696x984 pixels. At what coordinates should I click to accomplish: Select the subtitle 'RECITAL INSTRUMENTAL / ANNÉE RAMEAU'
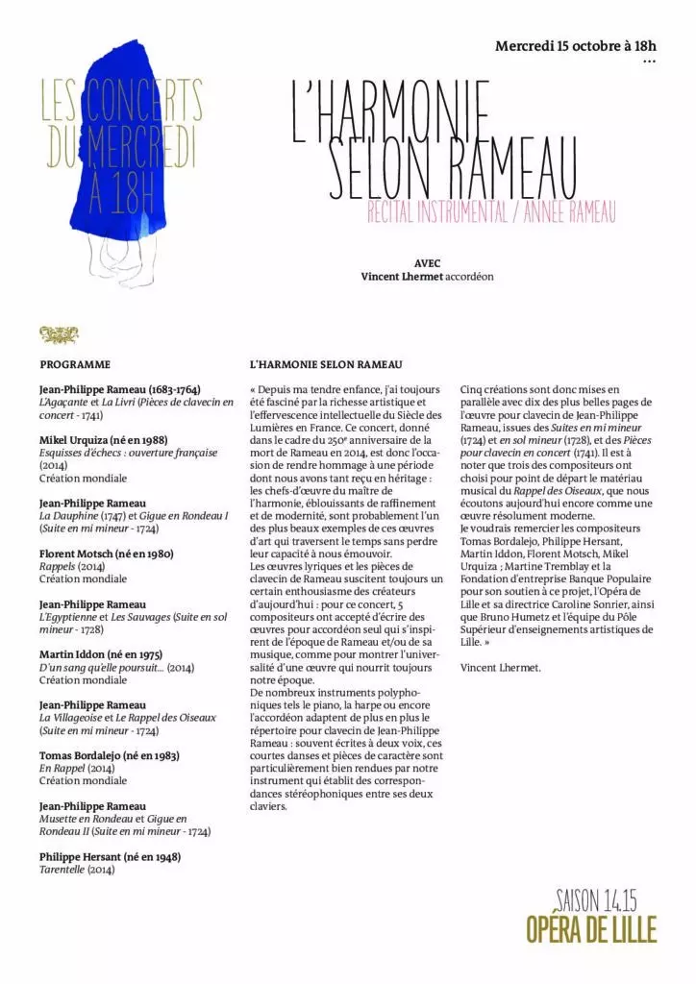click(x=490, y=213)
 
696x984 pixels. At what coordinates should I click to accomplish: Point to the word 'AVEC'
click(x=427, y=262)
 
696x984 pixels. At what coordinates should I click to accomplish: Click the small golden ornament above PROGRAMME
click(x=58, y=334)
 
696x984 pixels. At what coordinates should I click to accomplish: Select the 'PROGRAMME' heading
click(x=75, y=365)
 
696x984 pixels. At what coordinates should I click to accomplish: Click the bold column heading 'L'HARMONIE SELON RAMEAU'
click(x=325, y=365)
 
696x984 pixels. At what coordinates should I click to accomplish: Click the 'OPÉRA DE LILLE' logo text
click(x=591, y=930)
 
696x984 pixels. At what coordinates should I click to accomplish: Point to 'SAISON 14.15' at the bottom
click(x=596, y=900)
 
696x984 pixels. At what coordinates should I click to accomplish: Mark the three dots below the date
click(x=648, y=61)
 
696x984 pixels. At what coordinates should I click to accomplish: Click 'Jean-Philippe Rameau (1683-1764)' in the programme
click(x=119, y=389)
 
